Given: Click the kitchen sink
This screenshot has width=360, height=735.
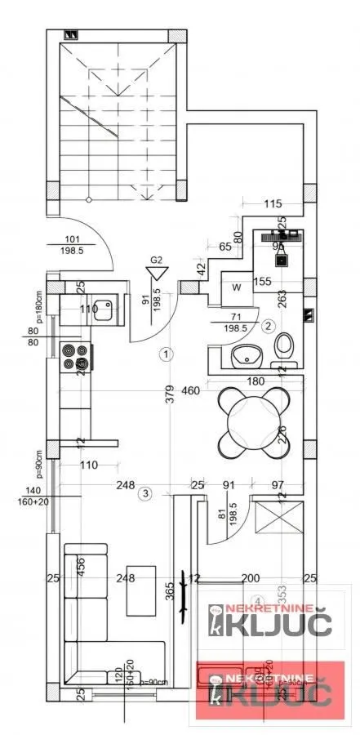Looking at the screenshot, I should coord(104,310).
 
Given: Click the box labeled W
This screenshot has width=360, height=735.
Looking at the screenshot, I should coord(236,287).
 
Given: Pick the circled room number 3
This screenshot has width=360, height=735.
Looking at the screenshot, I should coord(144,492).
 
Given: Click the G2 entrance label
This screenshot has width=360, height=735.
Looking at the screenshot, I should coord(157,261).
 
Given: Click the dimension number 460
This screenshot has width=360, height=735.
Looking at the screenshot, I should coord(190,391).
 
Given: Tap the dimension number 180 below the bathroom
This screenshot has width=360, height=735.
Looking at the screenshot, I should coord(256,381).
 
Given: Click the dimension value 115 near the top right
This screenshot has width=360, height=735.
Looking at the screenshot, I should coord(272,203).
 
